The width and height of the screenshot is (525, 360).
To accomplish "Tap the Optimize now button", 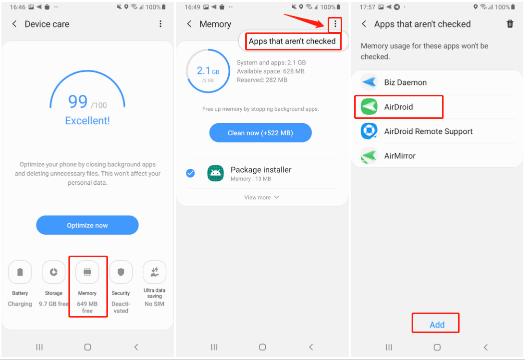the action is click(87, 225).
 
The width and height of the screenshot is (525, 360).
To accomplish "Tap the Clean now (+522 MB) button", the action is click(260, 133).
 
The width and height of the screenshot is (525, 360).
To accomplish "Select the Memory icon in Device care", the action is click(87, 272).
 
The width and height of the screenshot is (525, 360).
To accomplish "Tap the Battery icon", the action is click(20, 272).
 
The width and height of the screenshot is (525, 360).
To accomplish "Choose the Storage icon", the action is click(53, 272).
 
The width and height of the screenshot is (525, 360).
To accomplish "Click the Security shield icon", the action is click(121, 272).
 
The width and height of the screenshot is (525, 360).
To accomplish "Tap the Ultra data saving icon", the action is click(154, 272).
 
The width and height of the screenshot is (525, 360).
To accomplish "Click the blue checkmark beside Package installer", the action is click(190, 173).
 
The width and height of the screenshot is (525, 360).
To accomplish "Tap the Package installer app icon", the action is click(216, 173).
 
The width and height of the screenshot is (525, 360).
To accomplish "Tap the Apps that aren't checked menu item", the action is click(292, 41).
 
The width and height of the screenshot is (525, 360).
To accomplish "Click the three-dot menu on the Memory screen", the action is click(335, 24).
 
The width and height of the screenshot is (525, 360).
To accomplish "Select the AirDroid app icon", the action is click(369, 107).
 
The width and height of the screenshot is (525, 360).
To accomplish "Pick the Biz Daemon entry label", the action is click(406, 82).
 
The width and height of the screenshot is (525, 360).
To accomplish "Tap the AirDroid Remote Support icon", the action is click(369, 131).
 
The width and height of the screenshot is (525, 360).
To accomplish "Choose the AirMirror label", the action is click(400, 156).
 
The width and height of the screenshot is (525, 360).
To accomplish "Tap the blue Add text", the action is click(437, 325).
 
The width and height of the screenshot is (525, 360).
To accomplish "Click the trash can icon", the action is click(510, 24).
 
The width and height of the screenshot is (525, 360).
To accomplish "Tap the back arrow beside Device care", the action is click(14, 24).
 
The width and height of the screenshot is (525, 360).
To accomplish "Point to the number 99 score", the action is click(78, 101).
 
